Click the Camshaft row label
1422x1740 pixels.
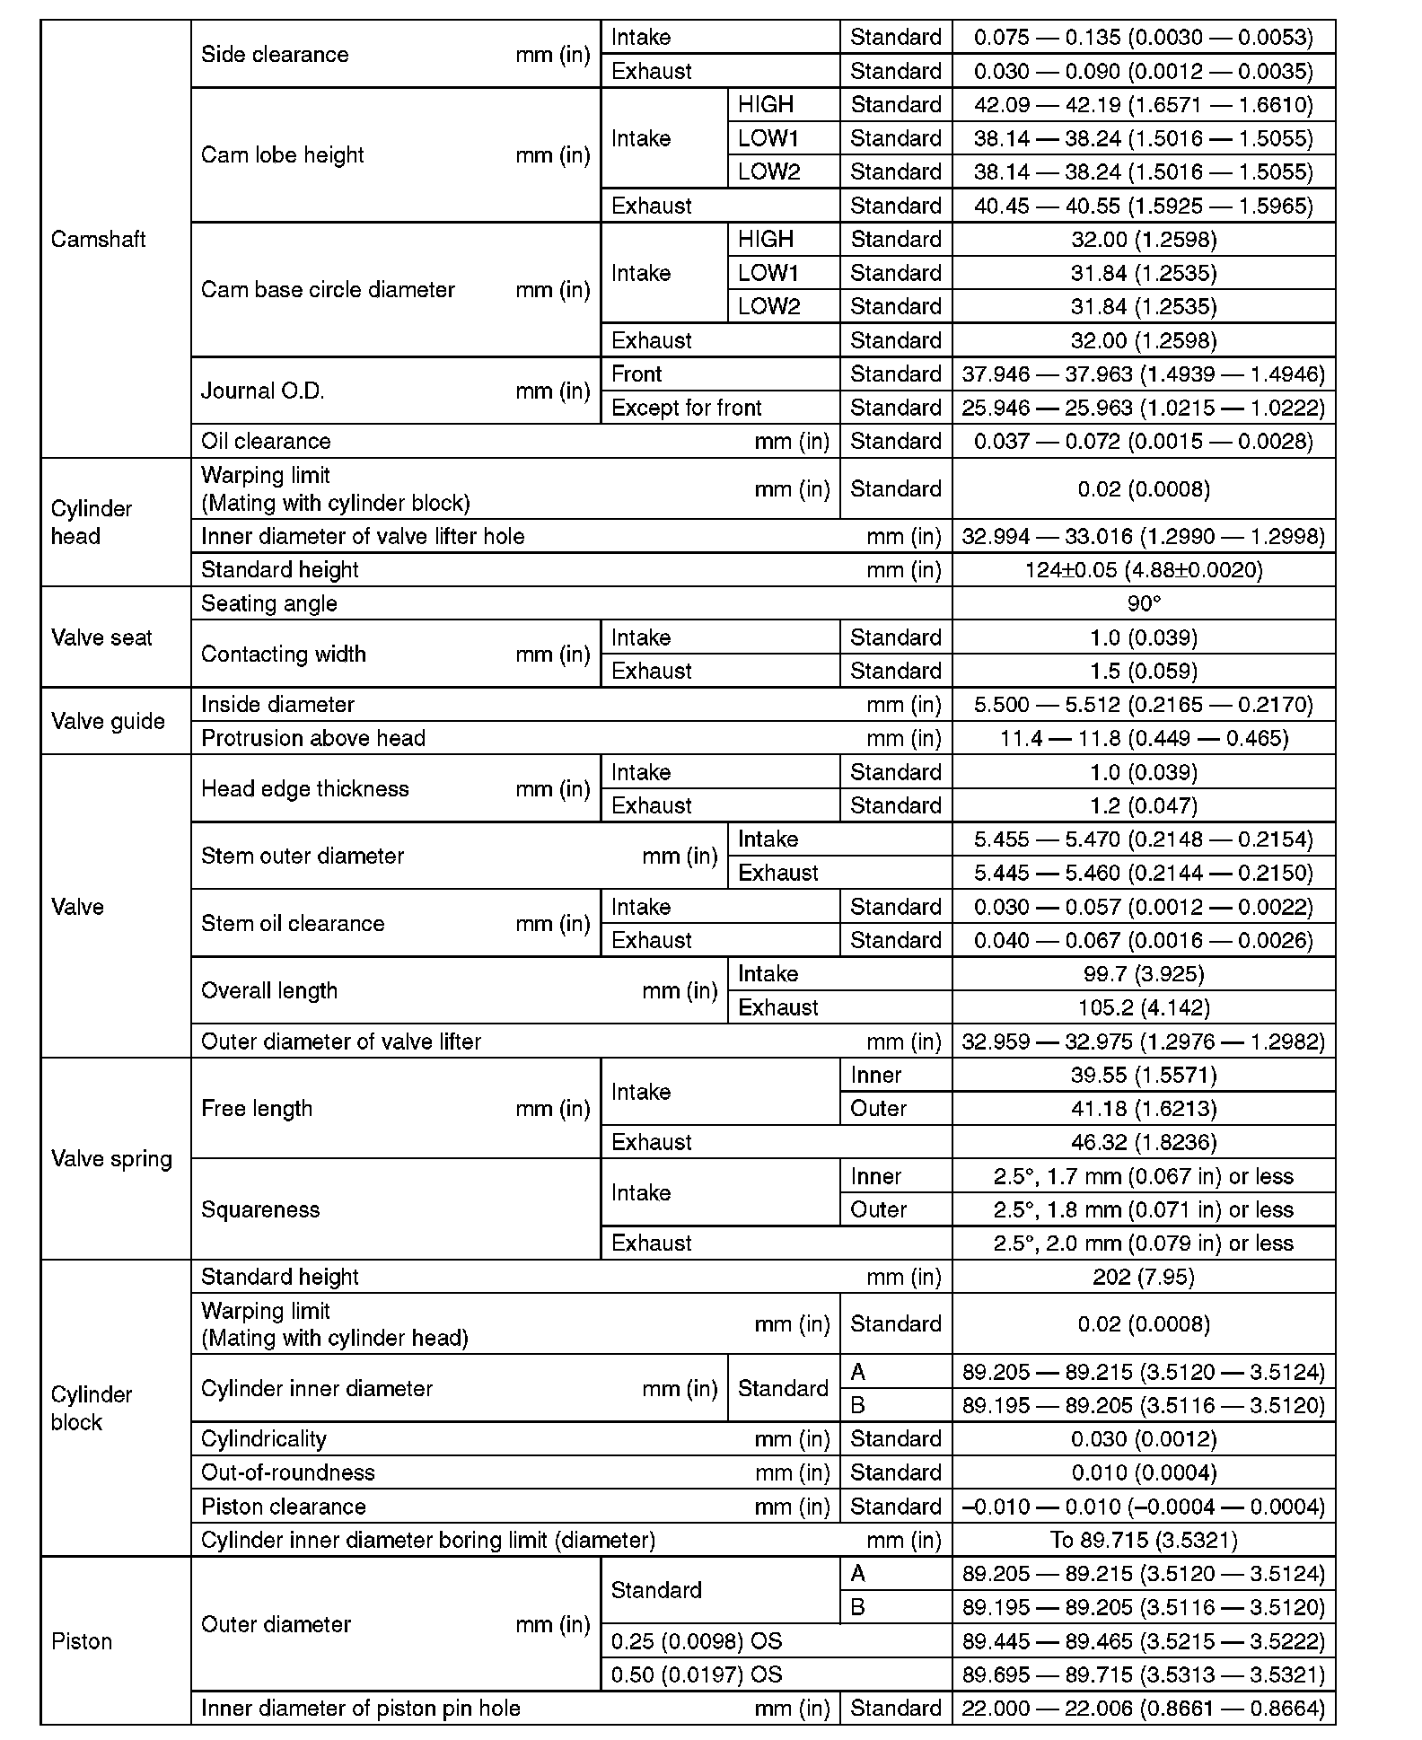pos(99,240)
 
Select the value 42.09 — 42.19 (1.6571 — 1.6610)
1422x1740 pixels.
pos(1143,105)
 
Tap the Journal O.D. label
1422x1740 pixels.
pos(263,391)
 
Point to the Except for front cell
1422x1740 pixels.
pos(686,408)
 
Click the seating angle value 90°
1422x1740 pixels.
pos(1143,603)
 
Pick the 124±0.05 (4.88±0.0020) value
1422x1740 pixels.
pos(1143,570)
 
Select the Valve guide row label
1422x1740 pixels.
pos(108,721)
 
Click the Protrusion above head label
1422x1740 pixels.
pos(313,738)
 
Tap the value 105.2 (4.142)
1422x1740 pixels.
pos(1143,1007)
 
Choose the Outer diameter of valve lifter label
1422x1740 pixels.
pos(341,1041)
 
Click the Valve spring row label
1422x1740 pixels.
pos(111,1158)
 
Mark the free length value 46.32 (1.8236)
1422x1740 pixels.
pos(1143,1142)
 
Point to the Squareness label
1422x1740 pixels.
pos(260,1209)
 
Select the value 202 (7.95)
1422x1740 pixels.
pos(1143,1277)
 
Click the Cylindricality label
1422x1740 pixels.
pos(264,1439)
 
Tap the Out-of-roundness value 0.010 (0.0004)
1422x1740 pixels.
pos(1143,1472)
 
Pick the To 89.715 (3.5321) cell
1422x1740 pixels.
pos(1143,1540)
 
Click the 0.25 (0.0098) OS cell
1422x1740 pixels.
pos(697,1641)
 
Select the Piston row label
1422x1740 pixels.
pos(82,1641)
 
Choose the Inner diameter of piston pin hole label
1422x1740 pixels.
pos(361,1708)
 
